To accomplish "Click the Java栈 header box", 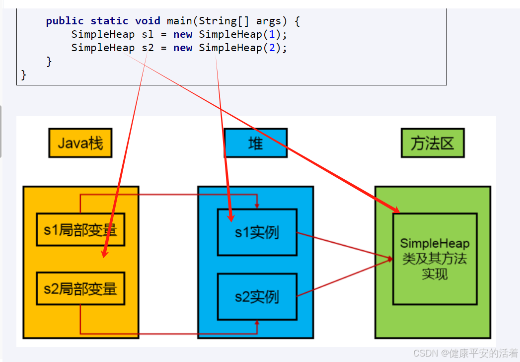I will (x=80, y=144).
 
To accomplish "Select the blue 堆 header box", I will (x=255, y=144).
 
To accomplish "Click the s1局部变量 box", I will (x=80, y=230).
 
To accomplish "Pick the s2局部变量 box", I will (x=80, y=289).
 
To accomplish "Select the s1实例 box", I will (x=257, y=232).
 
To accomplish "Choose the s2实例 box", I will (x=257, y=297).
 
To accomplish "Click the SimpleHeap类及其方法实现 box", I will (x=435, y=259).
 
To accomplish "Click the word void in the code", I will (x=148, y=21).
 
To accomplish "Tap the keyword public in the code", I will (x=65, y=21).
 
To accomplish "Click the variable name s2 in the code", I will (x=148, y=48).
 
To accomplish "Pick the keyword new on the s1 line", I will (x=183, y=34).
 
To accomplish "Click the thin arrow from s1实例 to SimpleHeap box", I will (x=343, y=245).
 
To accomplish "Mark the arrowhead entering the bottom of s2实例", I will (x=257, y=323).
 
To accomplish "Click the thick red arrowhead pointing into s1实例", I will (x=230, y=217).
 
